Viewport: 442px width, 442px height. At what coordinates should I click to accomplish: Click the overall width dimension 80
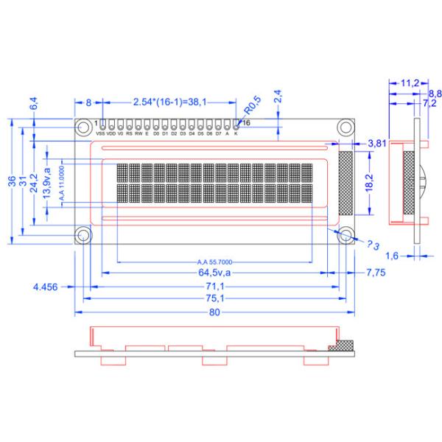tap(214, 312)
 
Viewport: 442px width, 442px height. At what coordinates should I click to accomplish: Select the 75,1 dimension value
tap(214, 298)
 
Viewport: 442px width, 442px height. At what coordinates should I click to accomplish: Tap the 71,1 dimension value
tap(214, 286)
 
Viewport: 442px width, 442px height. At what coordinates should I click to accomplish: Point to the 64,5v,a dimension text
tap(214, 273)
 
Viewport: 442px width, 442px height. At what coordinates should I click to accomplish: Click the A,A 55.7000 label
tap(215, 262)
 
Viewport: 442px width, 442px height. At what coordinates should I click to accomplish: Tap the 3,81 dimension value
tap(377, 144)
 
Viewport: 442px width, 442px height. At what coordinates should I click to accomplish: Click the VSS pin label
tap(100, 134)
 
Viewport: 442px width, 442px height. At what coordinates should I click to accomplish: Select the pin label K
tap(236, 134)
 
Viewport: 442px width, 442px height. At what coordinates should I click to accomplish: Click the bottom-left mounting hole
tap(84, 235)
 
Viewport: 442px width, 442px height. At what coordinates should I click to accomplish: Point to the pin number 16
tap(246, 122)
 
